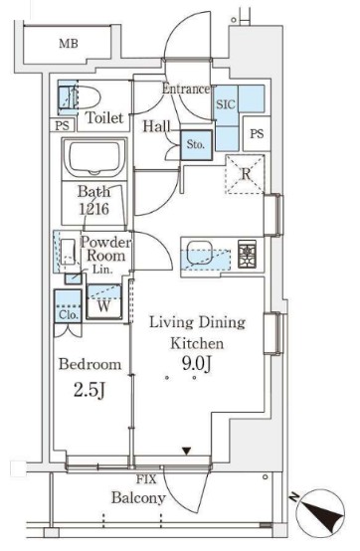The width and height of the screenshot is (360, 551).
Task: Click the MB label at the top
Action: pos(69,44)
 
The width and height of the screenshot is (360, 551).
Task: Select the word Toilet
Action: pos(104,117)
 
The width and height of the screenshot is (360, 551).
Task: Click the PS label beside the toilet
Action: pos(63,125)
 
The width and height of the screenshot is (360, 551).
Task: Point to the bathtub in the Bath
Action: pos(94,159)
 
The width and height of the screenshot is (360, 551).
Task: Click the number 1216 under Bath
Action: pos(93,209)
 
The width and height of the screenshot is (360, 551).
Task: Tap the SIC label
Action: pos(226,104)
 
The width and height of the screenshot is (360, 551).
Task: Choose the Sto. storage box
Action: pos(196,145)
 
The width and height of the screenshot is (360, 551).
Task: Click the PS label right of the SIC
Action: pos(257,133)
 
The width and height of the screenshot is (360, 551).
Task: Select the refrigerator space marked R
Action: pos(245,174)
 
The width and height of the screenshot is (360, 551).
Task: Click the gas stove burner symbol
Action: pos(247,254)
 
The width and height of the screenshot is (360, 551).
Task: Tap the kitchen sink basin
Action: pos(200,253)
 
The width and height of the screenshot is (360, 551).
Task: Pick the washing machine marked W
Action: pos(103,301)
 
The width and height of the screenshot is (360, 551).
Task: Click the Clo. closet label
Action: pos(69,314)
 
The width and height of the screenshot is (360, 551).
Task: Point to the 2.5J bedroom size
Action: pos(90,390)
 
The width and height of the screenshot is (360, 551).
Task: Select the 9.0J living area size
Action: pos(197,364)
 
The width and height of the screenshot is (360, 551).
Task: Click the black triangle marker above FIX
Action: pos(187,452)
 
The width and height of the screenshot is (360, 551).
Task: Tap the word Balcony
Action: pos(138,498)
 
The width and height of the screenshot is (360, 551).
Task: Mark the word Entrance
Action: pos(185,89)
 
